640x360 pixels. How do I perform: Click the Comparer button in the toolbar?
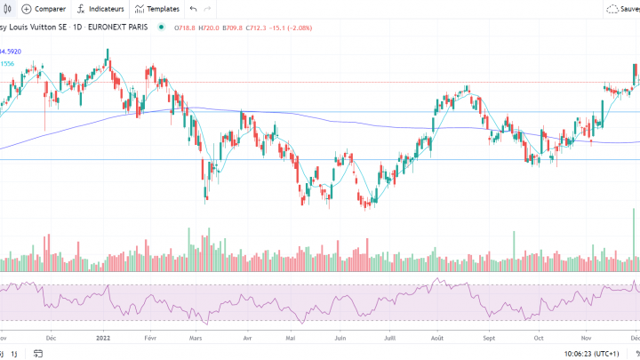[44, 9]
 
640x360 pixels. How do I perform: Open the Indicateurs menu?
[100, 9]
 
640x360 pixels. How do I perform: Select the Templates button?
[156, 9]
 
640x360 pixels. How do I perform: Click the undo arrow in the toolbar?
[194, 9]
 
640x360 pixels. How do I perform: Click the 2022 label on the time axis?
[103, 338]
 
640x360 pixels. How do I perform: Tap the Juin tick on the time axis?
[340, 338]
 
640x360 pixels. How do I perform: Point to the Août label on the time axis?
[437, 338]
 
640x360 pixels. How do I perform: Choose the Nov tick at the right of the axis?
[587, 338]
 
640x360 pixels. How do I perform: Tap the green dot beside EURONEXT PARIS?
[161, 27]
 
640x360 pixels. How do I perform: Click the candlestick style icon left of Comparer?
[6, 9]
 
